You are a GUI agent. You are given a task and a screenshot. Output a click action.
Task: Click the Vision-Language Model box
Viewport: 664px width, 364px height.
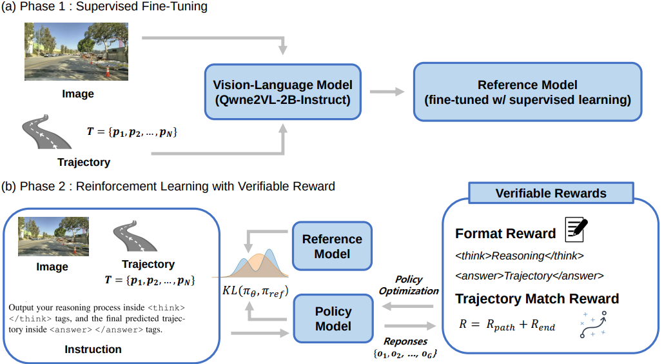pyautogui.click(x=283, y=92)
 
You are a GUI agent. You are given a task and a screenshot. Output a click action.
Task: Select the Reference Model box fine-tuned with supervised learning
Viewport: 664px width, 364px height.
pyautogui.click(x=527, y=92)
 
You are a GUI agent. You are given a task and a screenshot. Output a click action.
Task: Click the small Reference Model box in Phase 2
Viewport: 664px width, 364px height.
pyautogui.click(x=332, y=246)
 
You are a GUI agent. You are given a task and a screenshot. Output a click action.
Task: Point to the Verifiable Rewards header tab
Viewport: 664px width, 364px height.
pyautogui.click(x=551, y=193)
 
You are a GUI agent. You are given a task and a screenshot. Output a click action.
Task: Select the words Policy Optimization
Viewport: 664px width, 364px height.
pyautogui.click(x=409, y=285)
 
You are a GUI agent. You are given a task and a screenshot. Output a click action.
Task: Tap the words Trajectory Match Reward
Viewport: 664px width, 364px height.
pyautogui.click(x=537, y=298)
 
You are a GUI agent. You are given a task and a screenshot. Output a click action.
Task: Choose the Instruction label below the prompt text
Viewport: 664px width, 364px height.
pyautogui.click(x=93, y=349)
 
